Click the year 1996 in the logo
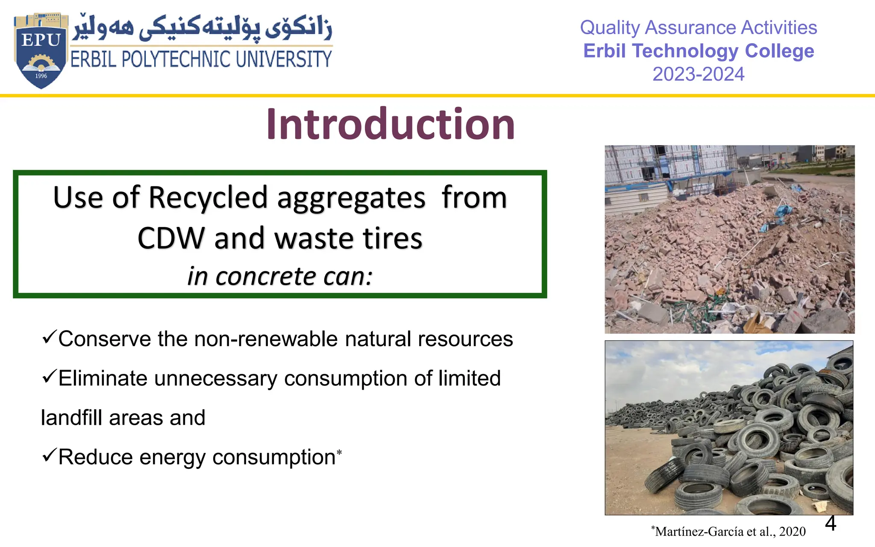(x=41, y=76)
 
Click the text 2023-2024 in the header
(x=698, y=74)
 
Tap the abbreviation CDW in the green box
(x=171, y=238)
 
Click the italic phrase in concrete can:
(x=280, y=276)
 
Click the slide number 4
(x=830, y=523)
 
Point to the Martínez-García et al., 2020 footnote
(x=729, y=532)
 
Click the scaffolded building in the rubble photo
(x=667, y=167)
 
